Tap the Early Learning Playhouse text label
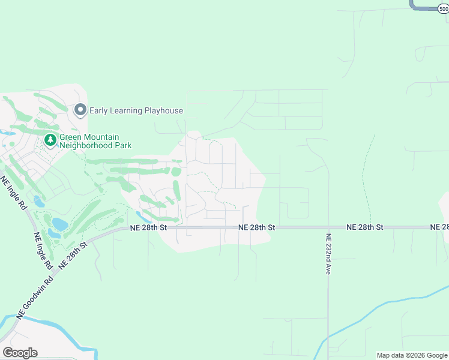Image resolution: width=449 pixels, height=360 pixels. click(136, 110)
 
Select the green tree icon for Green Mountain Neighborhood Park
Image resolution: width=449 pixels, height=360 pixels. click(50, 140)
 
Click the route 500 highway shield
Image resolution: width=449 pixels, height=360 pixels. click(443, 9)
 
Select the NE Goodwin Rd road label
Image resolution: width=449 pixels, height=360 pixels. click(38, 298)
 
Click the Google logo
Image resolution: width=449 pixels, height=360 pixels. click(20, 352)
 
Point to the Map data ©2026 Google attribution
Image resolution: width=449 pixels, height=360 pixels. click(411, 355)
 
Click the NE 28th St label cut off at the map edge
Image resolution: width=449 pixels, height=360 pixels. click(439, 227)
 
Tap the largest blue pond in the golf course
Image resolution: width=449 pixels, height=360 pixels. click(59, 224)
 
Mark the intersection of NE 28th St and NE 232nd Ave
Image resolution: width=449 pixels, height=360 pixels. click(328, 227)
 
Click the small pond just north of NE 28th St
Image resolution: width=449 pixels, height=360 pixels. click(140, 215)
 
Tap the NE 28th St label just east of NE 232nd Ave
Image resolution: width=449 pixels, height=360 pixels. click(364, 227)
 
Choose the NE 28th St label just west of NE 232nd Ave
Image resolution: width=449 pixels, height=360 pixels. click(256, 227)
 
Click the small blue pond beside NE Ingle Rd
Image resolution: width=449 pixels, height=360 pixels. click(38, 200)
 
